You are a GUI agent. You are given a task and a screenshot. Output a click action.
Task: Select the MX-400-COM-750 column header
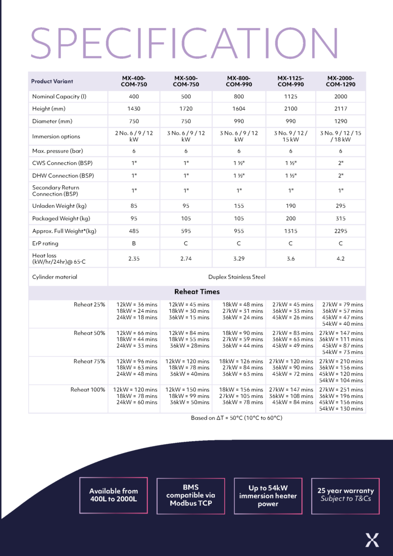click(134, 81)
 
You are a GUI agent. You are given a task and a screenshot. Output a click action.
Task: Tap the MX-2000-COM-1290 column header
click(341, 81)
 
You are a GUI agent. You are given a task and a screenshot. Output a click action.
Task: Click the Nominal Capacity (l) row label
click(59, 96)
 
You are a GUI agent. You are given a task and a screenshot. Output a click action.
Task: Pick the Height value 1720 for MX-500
click(186, 109)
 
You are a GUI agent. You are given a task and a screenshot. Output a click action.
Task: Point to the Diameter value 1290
click(341, 121)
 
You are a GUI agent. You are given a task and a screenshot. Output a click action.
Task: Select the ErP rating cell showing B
click(134, 244)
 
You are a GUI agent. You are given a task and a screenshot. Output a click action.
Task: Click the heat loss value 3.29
click(238, 259)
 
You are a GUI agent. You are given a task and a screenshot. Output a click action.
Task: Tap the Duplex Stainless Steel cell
click(237, 277)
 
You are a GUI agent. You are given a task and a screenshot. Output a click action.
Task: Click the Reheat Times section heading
click(197, 292)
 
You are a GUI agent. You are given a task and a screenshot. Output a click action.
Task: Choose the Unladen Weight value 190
click(291, 206)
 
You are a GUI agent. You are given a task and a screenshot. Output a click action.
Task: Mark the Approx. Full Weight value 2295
click(341, 231)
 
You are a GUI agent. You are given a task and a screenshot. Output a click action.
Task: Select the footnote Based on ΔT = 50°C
click(236, 418)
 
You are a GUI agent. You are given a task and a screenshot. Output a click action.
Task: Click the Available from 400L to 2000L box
click(114, 495)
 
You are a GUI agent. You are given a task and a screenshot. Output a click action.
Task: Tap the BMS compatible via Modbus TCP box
click(190, 496)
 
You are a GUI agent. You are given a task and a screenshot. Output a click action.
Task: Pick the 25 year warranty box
click(345, 495)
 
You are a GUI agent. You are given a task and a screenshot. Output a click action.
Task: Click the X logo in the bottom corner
click(372, 540)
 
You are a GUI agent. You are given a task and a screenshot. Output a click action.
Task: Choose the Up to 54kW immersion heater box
click(268, 496)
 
